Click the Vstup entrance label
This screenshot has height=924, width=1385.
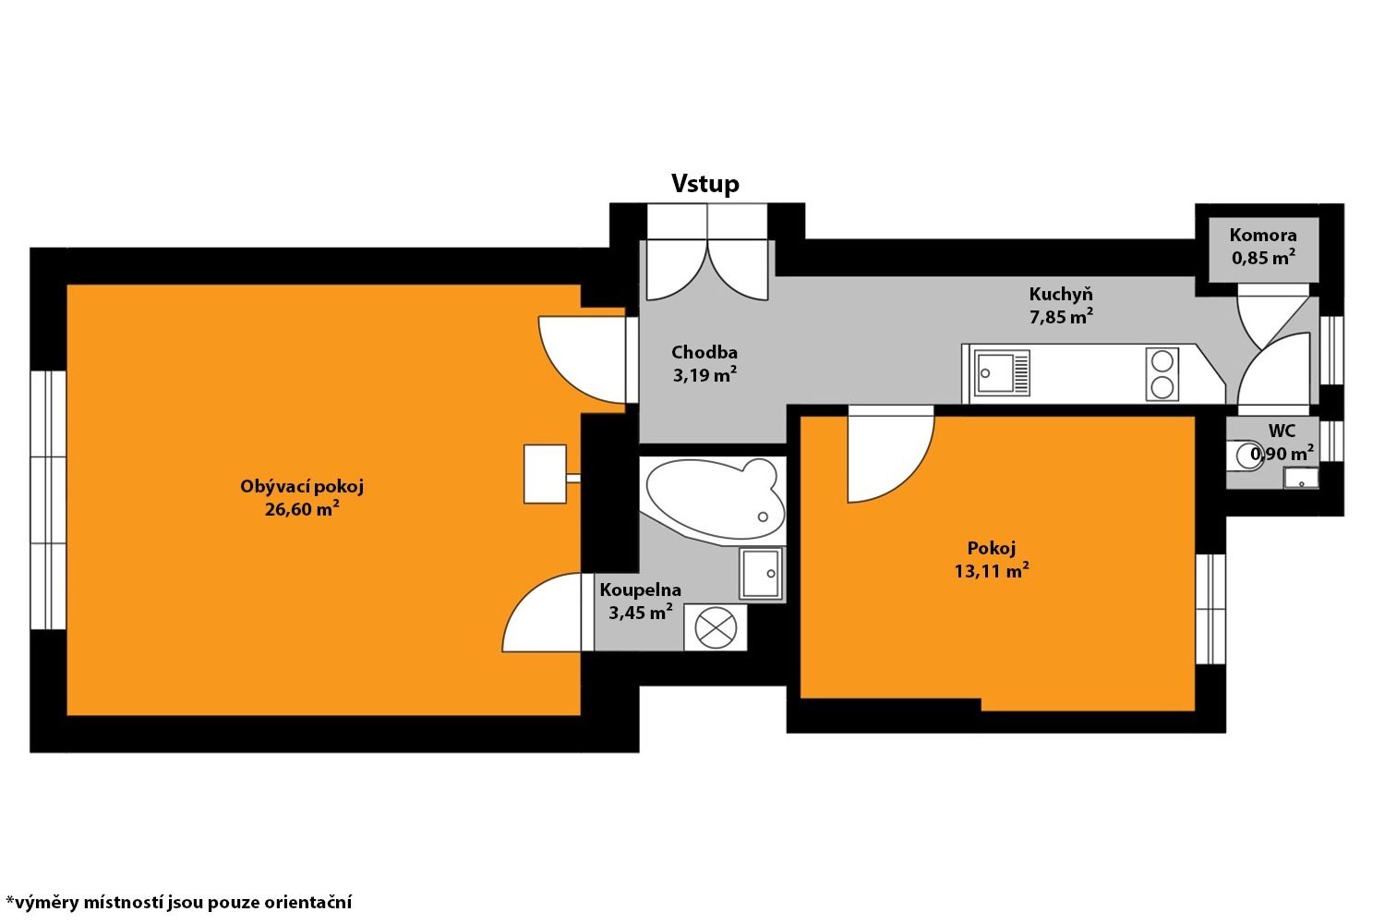pyautogui.click(x=705, y=184)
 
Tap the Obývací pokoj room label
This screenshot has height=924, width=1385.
pyautogui.click(x=302, y=486)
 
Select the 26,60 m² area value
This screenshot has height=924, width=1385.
pyautogui.click(x=302, y=509)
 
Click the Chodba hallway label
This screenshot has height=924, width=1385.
pyautogui.click(x=705, y=352)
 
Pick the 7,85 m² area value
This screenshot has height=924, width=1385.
pyautogui.click(x=1061, y=316)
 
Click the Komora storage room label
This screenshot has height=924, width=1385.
pyautogui.click(x=1262, y=236)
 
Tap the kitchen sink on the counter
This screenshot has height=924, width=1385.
pyautogui.click(x=1002, y=372)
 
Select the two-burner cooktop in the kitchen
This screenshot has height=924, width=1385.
pyautogui.click(x=1162, y=373)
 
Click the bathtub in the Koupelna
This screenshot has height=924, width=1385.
pyautogui.click(x=714, y=501)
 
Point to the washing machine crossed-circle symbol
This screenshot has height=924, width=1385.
pyautogui.click(x=716, y=627)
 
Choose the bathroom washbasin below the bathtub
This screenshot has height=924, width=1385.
pyautogui.click(x=761, y=573)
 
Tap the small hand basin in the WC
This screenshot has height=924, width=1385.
pyautogui.click(x=1301, y=478)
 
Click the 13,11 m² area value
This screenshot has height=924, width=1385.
pyautogui.click(x=991, y=570)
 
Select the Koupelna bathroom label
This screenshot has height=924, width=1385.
pyautogui.click(x=641, y=590)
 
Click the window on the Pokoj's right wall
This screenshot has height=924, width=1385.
pyautogui.click(x=1210, y=609)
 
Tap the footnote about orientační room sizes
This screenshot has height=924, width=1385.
pyautogui.click(x=179, y=903)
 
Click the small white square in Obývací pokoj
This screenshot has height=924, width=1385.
pyautogui.click(x=545, y=474)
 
